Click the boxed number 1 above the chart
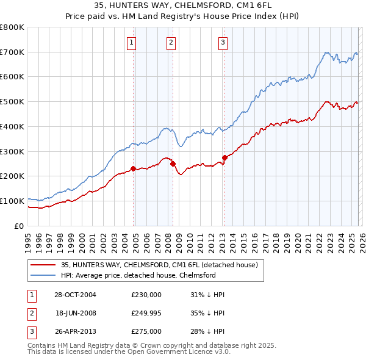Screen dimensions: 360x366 coord(132,42)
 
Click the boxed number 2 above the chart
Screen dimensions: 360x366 coord(171,42)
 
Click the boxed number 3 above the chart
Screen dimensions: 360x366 coord(223,42)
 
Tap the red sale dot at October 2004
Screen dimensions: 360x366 coord(133,168)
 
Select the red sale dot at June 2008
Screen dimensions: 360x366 coord(173,164)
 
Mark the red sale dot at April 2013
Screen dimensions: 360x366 coord(224,157)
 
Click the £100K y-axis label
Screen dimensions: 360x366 coord(12,201)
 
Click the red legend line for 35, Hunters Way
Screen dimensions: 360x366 coord(43,265)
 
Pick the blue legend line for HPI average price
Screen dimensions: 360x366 coord(43,275)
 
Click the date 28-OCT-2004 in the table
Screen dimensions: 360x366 coord(74,295)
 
